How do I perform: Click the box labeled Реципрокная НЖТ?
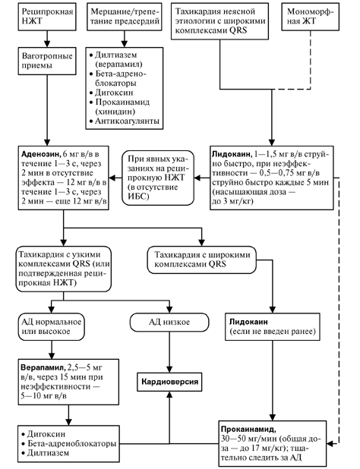pyautogui.click(x=47, y=17)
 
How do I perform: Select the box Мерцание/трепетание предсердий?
pyautogui.click(x=125, y=17)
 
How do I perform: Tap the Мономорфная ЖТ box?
pyautogui.click(x=311, y=17)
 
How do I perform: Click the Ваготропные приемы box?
pyautogui.click(x=47, y=61)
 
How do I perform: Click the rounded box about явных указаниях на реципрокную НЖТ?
pyautogui.click(x=158, y=178)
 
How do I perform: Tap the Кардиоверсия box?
pyautogui.click(x=169, y=382)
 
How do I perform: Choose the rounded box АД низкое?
pyautogui.click(x=169, y=322)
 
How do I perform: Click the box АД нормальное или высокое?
pyautogui.click(x=51, y=326)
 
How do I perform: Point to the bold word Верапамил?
pyautogui.click(x=43, y=367)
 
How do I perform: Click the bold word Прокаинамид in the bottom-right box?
pyautogui.click(x=248, y=430)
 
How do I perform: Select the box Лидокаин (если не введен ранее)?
pyautogui.click(x=273, y=326)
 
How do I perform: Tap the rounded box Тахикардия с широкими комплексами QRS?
pyautogui.click(x=202, y=260)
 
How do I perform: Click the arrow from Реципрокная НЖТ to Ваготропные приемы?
pyautogui.click(x=47, y=39)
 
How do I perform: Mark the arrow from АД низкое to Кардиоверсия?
pyautogui.click(x=169, y=352)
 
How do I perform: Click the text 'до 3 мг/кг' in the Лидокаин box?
pyautogui.click(x=232, y=201)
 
